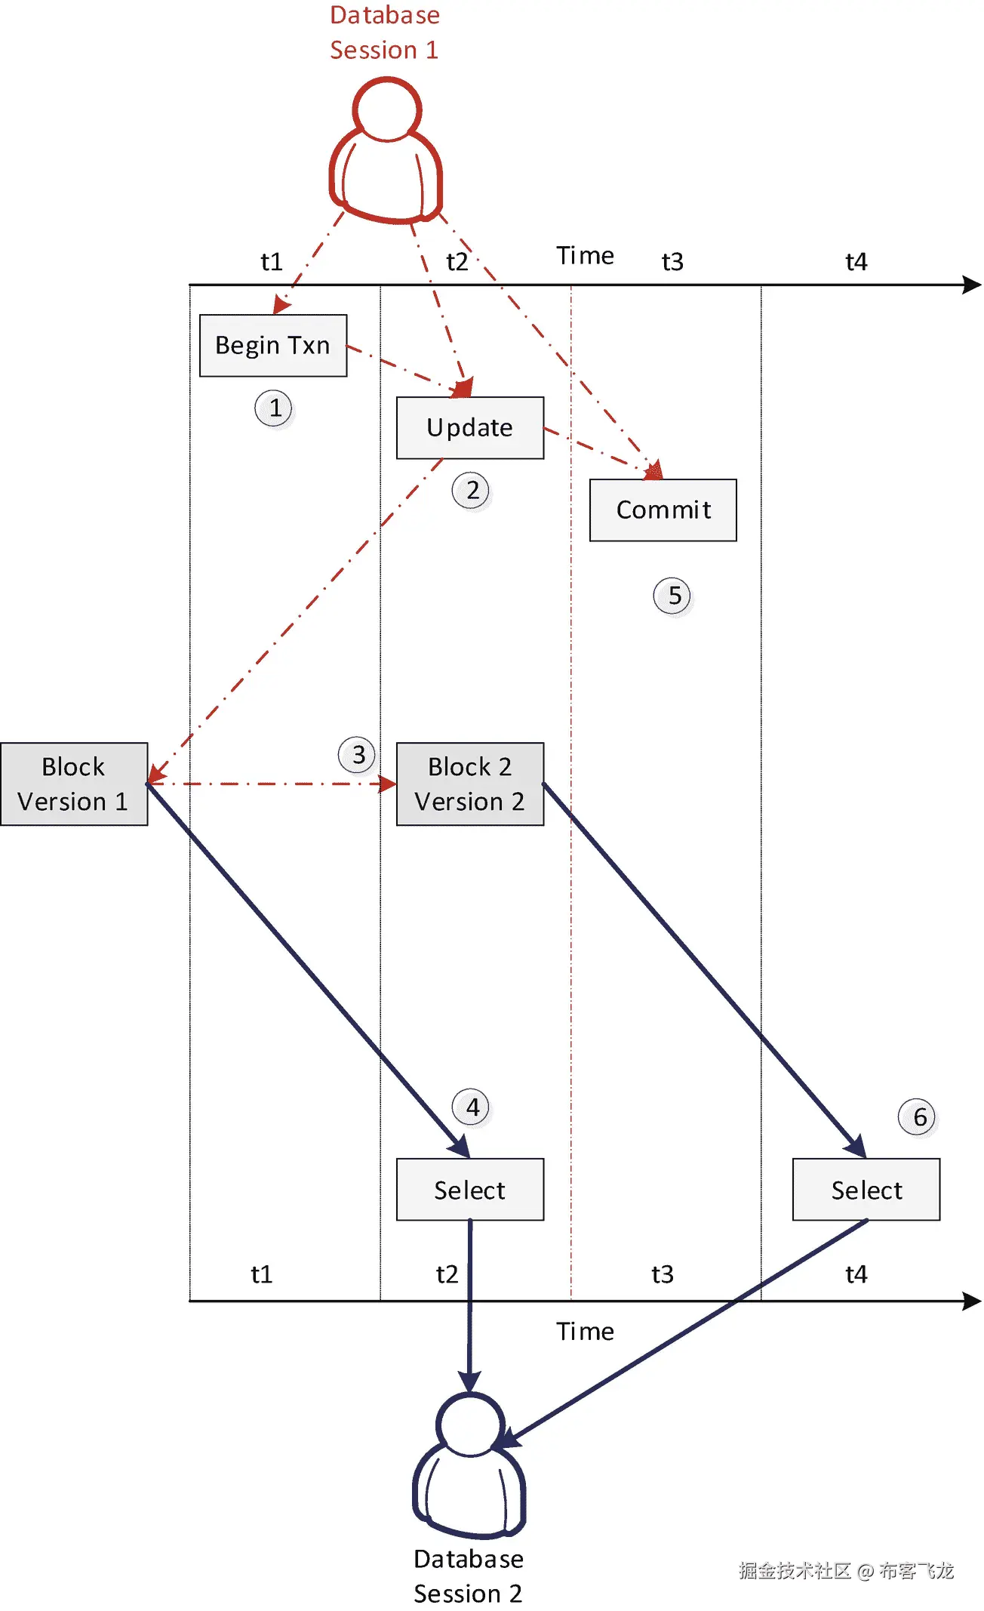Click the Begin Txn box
point(272,345)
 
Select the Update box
point(469,427)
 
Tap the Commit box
point(663,510)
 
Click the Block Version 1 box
point(73,784)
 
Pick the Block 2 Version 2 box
point(469,784)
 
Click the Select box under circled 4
point(469,1189)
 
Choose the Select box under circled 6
point(866,1189)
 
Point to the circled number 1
point(274,408)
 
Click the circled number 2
point(472,491)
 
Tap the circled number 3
point(358,754)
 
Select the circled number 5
point(672,596)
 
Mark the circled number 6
point(918,1117)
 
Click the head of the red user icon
point(386,109)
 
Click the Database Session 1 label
point(384,32)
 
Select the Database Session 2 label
point(468,1576)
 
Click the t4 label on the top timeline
point(856,262)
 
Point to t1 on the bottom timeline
point(261,1274)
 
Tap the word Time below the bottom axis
point(585,1331)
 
